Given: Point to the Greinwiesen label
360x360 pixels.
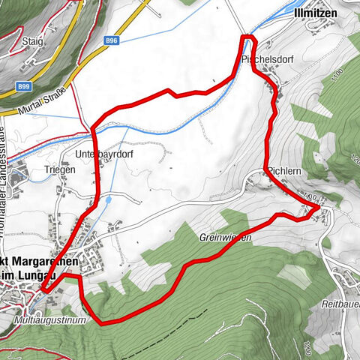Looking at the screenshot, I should click(225, 237).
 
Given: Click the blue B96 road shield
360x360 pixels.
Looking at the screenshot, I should click(112, 40).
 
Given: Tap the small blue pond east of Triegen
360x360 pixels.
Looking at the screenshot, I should click(109, 200).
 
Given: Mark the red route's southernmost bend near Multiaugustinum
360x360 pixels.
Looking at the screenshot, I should click(102, 323).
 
